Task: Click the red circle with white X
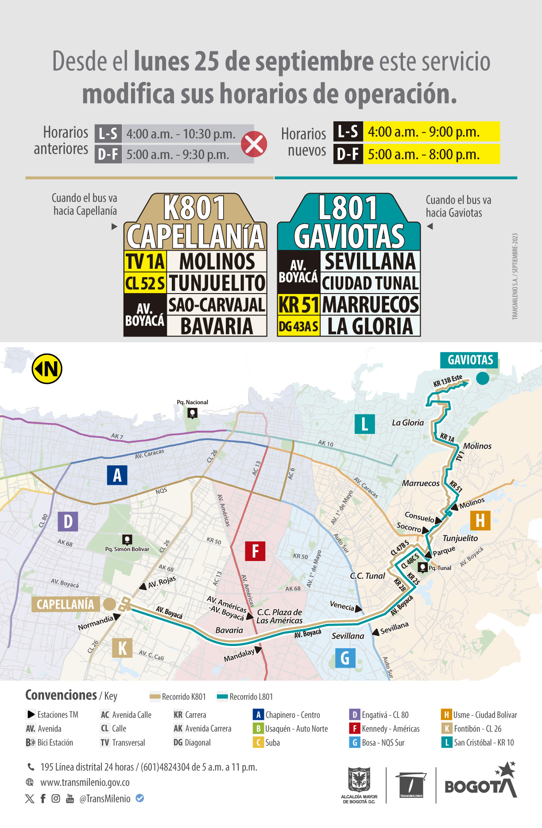click(254, 144)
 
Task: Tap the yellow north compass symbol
click(47, 368)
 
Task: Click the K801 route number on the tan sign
click(194, 208)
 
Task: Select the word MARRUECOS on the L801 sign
click(370, 305)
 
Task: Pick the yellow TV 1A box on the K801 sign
click(145, 261)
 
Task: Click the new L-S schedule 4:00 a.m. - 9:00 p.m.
click(424, 132)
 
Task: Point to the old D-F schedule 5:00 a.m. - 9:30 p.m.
click(178, 155)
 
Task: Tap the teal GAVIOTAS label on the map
click(470, 360)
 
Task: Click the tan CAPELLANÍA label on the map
click(65, 604)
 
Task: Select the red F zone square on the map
click(255, 551)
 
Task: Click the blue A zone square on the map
click(117, 475)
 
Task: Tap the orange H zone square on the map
click(480, 520)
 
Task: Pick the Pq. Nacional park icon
click(192, 413)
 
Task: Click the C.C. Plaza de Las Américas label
click(279, 616)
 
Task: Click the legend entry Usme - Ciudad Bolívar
click(480, 715)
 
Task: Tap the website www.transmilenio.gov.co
click(85, 782)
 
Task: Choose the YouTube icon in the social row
click(70, 798)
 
